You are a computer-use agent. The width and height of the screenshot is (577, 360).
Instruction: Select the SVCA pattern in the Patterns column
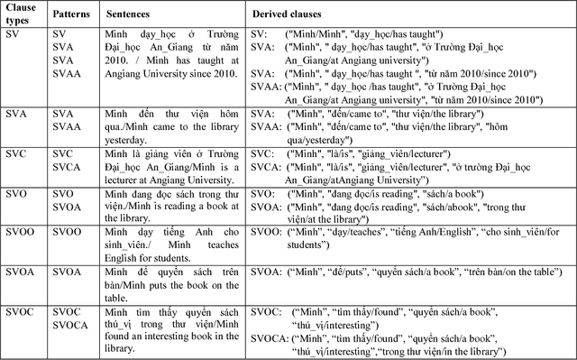[66, 167]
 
